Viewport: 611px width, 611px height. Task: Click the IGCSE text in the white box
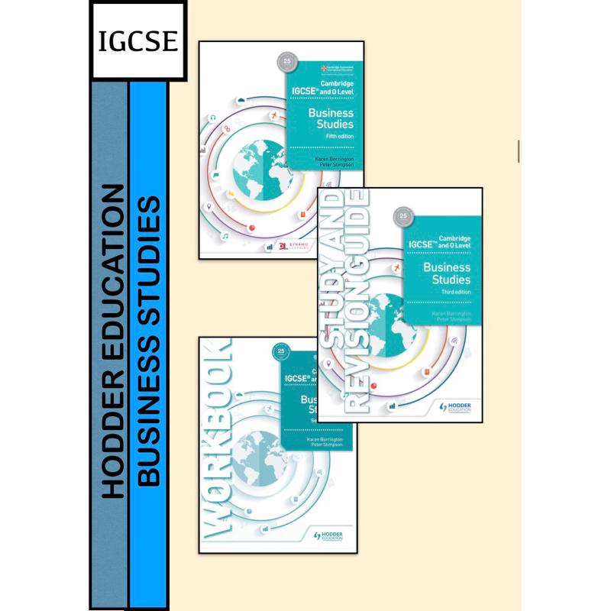[137, 40]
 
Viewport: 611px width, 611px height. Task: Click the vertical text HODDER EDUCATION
[112, 340]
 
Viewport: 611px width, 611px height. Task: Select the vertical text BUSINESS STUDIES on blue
[150, 340]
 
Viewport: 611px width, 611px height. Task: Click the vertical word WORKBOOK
[217, 443]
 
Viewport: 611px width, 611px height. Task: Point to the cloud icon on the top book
[241, 102]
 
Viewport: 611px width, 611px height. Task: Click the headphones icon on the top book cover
[213, 118]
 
